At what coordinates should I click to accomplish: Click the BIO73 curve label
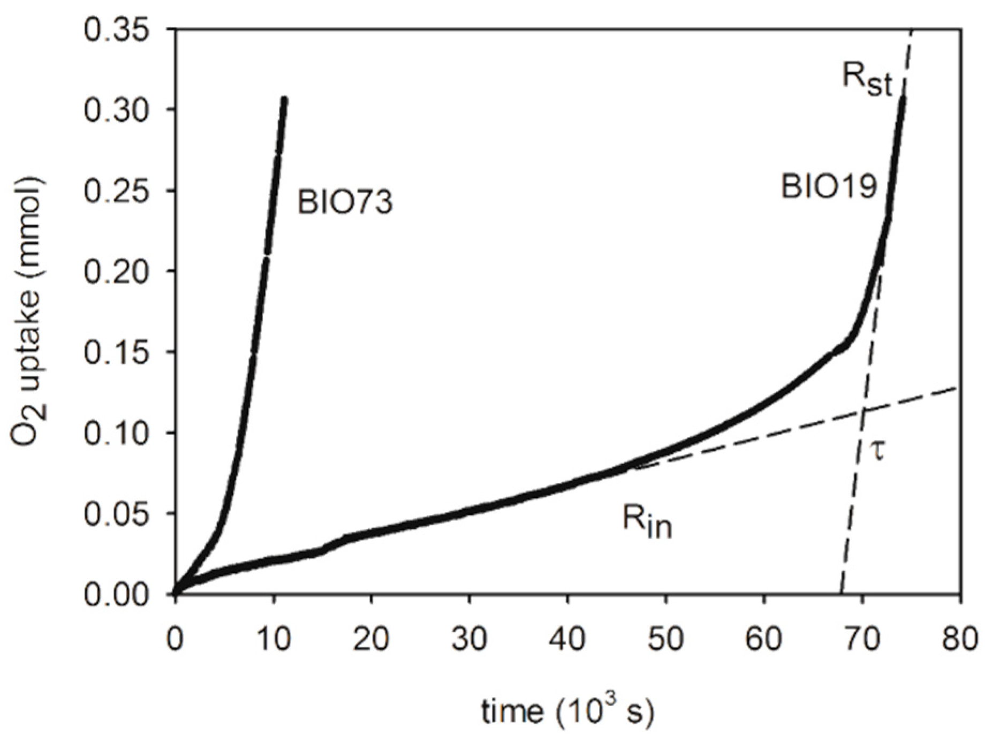[345, 203]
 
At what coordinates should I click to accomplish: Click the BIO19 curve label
[828, 187]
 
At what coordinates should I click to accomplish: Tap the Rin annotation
[647, 522]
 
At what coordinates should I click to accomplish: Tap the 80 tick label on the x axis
[960, 639]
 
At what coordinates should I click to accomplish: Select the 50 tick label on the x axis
[665, 639]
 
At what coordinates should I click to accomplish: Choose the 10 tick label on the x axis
[274, 639]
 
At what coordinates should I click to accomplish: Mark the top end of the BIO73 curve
[285, 99]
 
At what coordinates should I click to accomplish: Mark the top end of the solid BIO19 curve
[903, 98]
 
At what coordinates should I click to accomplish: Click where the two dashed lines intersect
[863, 411]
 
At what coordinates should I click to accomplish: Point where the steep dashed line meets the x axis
[841, 594]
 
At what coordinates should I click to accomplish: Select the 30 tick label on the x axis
[469, 639]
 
